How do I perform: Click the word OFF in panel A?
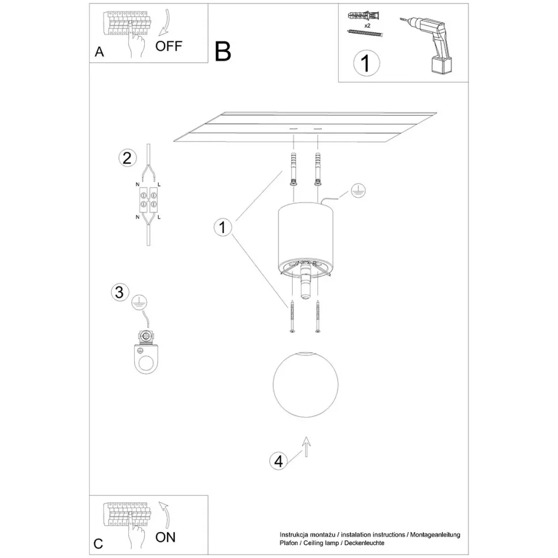point(169,46)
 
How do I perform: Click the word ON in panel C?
point(166,537)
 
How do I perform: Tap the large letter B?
point(223,52)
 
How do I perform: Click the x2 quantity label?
point(367,26)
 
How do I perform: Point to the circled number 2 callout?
point(127,158)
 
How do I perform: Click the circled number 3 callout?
point(120,292)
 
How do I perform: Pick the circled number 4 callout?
point(278,461)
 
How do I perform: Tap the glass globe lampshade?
point(305,384)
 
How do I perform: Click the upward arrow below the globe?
point(306,446)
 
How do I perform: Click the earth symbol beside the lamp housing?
point(358,191)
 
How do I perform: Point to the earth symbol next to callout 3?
point(139,303)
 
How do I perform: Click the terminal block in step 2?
point(148,200)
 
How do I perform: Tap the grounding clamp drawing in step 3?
point(146,352)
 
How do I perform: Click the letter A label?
point(100,52)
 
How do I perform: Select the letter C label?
point(98,544)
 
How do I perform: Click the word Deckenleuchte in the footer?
point(364,543)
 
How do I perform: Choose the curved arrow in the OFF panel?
point(164,22)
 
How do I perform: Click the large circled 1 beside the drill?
point(366,63)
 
